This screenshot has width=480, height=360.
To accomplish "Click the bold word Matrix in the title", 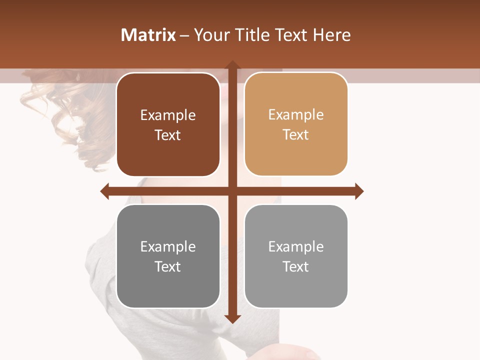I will tap(148, 35).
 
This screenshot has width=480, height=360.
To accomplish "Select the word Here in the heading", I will tap(331, 35).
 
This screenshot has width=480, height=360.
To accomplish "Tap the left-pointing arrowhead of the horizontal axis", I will tap(104, 191).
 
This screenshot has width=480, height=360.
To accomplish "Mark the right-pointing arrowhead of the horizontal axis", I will tap(359, 191).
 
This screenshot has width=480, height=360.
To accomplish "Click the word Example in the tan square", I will tap(296, 115).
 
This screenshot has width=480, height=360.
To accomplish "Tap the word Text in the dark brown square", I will tap(168, 135).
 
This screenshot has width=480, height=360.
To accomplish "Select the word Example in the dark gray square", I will tap(168, 246).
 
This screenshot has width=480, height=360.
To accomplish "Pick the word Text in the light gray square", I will tap(296, 266).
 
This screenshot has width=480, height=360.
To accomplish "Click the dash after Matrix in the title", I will tap(184, 35).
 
